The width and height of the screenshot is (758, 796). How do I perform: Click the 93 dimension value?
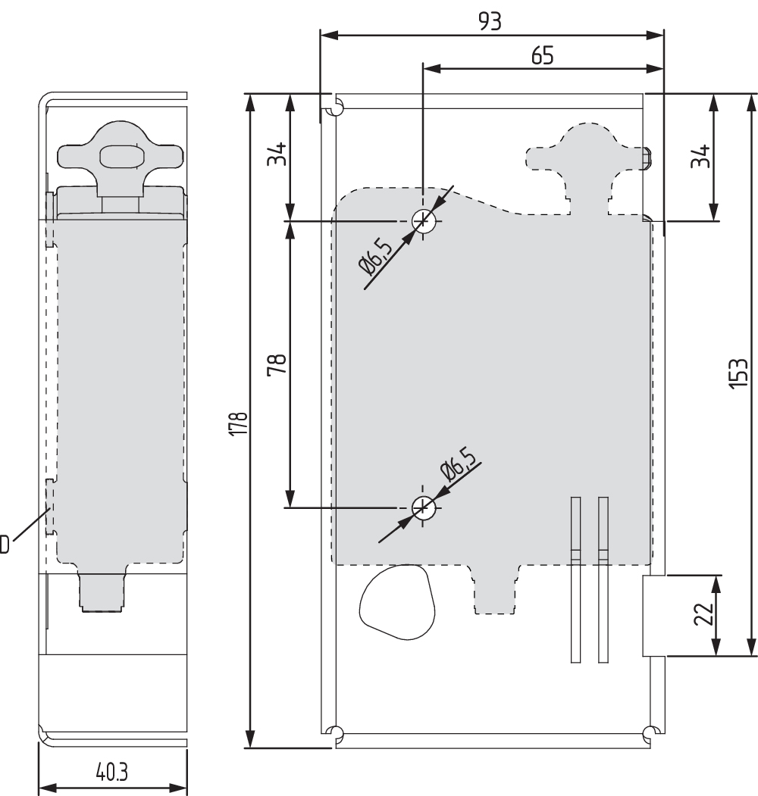pos(490,21)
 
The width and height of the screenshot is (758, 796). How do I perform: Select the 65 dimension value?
pos(542,55)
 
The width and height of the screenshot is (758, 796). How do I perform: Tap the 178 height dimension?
pos(238,423)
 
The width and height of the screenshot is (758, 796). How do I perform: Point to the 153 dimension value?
pos(738,373)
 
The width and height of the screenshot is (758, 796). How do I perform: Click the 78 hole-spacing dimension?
pos(277,364)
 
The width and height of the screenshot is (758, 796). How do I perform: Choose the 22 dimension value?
pos(703,613)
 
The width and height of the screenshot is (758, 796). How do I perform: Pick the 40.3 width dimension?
pos(111,772)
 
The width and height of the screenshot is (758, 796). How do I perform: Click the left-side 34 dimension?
pos(277,154)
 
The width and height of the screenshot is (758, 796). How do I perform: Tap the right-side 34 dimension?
pos(700,156)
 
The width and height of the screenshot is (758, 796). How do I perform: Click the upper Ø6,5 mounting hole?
pos(423,221)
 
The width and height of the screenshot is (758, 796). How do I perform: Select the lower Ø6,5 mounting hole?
pos(423,507)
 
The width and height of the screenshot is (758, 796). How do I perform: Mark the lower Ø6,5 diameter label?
pos(459,464)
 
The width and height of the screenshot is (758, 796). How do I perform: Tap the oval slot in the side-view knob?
pos(120,157)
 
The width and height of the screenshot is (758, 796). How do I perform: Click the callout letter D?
pos(4,545)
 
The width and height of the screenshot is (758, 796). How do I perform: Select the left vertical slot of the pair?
pos(575,579)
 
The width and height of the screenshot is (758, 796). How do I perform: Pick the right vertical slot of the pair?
pos(603,579)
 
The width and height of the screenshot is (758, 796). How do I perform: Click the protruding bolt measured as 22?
pos(654,615)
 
